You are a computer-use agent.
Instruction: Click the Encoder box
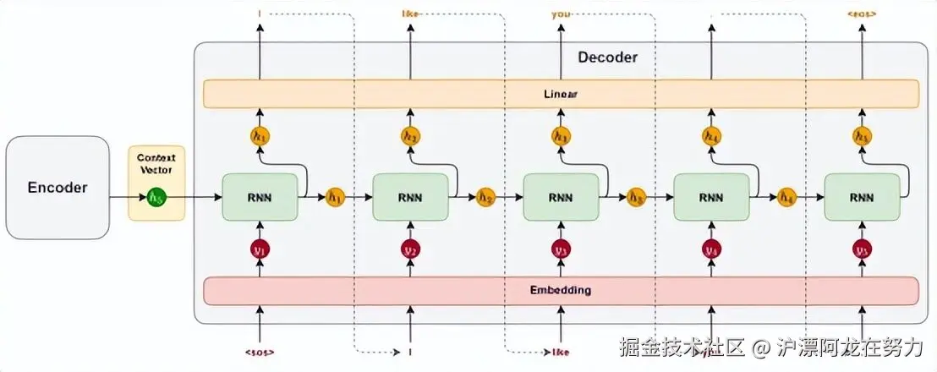(58, 187)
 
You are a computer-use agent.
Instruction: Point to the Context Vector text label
(156, 164)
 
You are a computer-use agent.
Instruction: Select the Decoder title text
(607, 57)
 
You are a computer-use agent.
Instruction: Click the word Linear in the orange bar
(560, 94)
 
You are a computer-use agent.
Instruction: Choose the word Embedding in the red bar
(561, 290)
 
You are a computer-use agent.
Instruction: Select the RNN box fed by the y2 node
(410, 198)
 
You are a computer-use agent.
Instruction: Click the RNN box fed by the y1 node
(260, 198)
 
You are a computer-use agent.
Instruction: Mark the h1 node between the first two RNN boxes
(335, 198)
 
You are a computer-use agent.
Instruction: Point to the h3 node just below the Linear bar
(561, 135)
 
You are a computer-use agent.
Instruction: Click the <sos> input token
(260, 349)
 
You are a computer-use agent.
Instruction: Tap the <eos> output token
(862, 14)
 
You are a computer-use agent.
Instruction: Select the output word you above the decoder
(561, 14)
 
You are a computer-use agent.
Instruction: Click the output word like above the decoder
(410, 14)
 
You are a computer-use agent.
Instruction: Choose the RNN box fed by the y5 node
(862, 198)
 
